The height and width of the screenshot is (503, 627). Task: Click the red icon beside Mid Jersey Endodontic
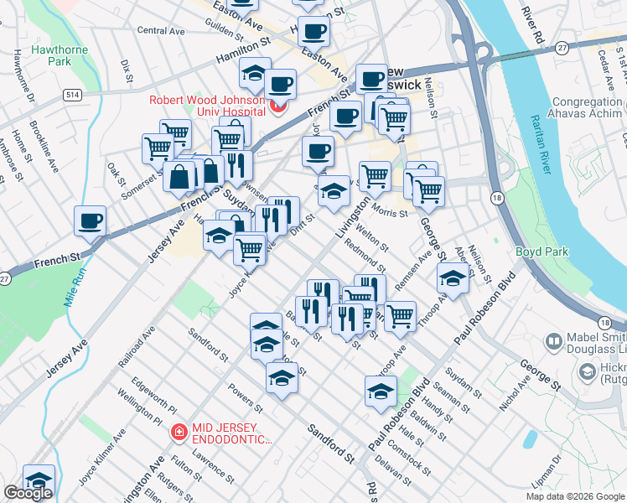pos(179,433)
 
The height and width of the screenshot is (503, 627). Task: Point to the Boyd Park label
pos(543,251)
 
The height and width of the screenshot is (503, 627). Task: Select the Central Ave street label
pos(160,30)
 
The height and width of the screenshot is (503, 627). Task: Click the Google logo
pos(28,493)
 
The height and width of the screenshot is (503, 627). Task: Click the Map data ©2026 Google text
pos(575,496)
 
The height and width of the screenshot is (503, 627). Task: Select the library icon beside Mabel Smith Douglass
pos(553,342)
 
